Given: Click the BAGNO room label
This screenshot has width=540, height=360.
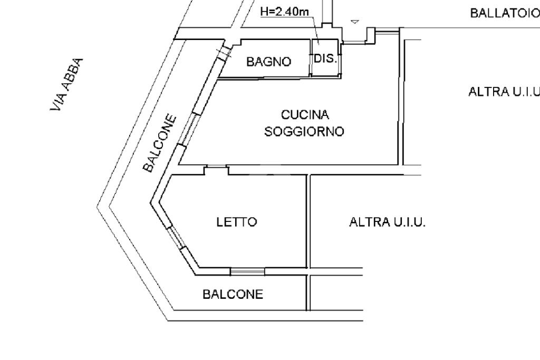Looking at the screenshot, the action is coord(268,62).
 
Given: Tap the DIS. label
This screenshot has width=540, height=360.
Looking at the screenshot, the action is coord(325,59).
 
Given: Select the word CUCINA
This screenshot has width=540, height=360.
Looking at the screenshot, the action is coord(305,114).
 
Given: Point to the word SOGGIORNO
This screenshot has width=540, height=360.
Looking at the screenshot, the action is coord(304,131).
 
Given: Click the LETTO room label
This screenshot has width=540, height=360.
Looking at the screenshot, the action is coord(237,222).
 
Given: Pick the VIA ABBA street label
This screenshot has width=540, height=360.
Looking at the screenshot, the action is coord(67,84).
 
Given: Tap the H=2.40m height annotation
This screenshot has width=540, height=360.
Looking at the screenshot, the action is coord(284,12).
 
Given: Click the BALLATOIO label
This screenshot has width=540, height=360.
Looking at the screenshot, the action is coord(505,13).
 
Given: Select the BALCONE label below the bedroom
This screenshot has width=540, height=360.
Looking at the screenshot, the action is coord(233,294).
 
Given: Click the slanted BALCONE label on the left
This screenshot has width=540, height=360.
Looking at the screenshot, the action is coord(160,143).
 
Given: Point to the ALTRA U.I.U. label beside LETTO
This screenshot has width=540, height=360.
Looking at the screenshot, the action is coord(388,222).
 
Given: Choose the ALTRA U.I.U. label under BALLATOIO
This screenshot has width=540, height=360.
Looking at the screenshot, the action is coord(504,92).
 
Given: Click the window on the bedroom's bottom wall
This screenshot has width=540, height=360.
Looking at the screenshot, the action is coord(247,271).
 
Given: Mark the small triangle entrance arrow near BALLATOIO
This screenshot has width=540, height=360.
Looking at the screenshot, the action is coord(355,22).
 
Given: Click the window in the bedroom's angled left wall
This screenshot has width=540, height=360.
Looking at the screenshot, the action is coord(176,237).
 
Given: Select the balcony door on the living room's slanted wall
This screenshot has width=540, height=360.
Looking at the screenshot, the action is coord(188,129).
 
